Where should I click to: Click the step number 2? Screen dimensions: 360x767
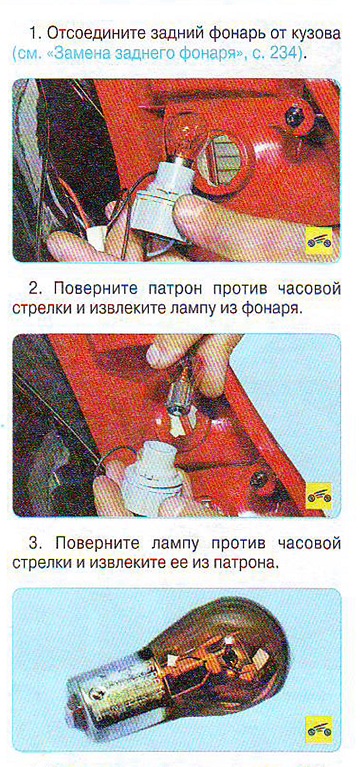click(34, 289)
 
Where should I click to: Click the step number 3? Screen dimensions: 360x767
click(34, 543)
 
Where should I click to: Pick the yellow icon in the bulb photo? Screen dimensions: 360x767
click(319, 730)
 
